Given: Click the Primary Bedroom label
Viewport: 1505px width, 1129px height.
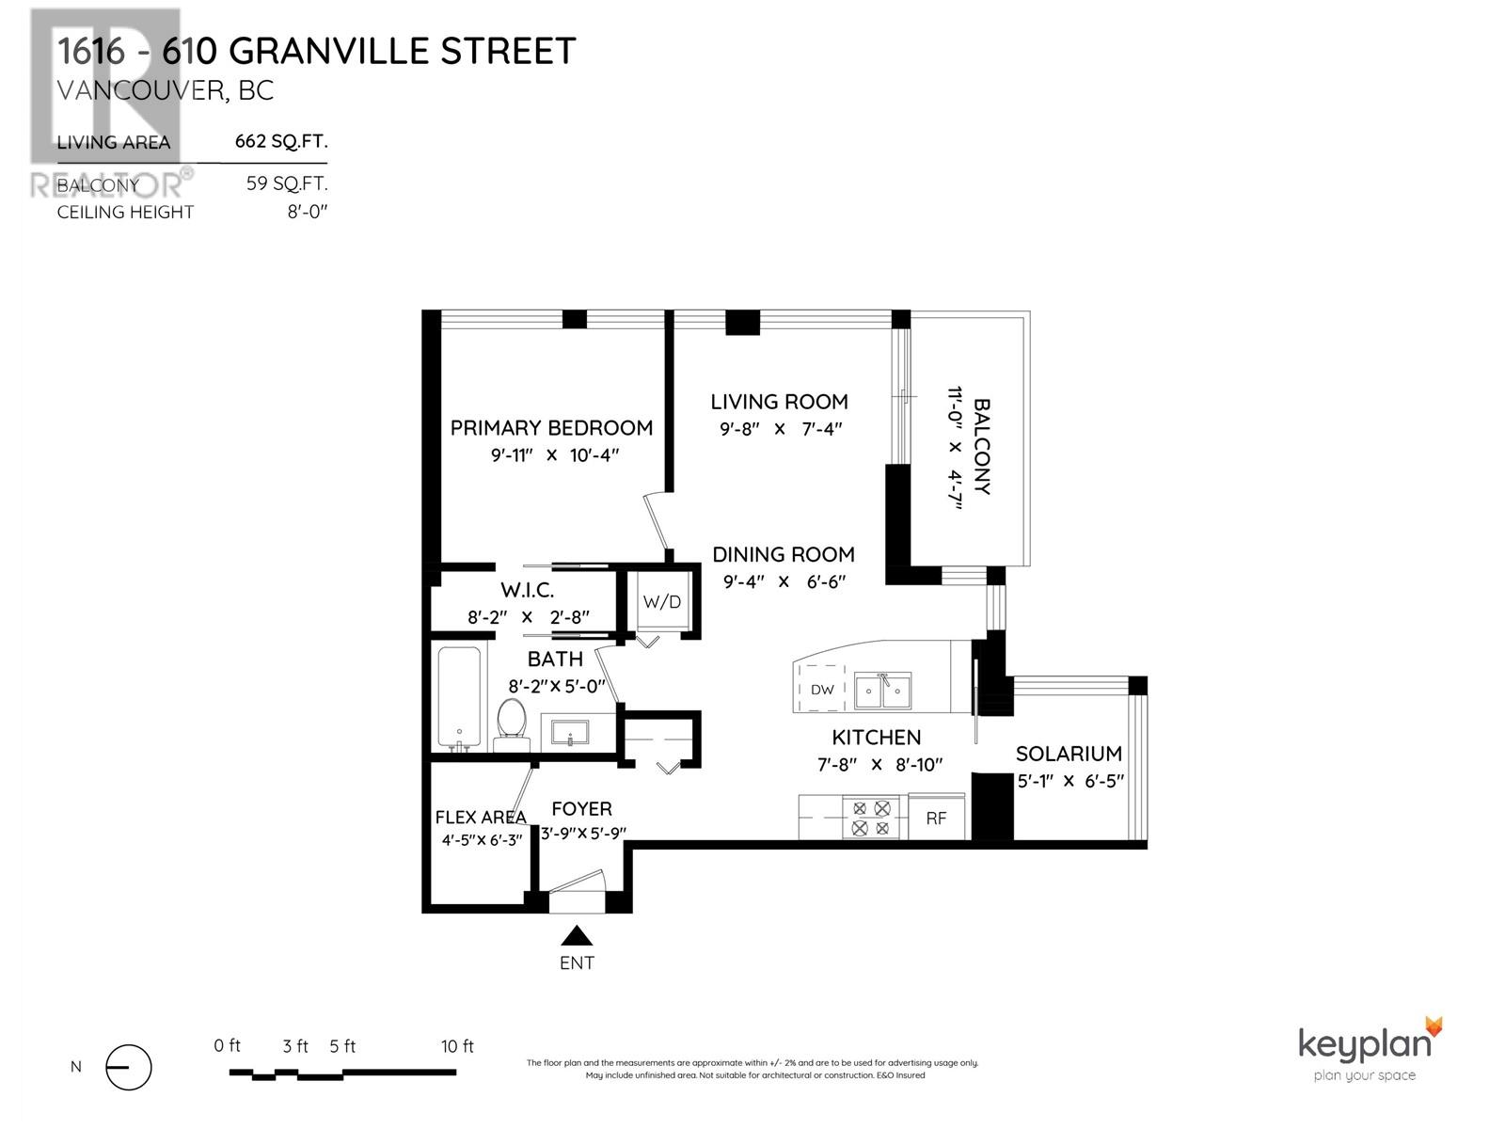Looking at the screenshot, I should pos(551,428).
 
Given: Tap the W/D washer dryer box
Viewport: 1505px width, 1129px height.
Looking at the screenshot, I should pos(661,602).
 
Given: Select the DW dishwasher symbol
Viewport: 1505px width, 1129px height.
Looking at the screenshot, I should pos(822,690).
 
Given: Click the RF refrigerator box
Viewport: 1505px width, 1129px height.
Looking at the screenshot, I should pos(936,819).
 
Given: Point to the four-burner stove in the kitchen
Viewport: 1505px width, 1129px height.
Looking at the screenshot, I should pos(870,818).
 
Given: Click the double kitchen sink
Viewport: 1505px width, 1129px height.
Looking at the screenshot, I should pos(882,692).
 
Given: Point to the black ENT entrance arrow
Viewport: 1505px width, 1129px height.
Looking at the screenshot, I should pos(577,935).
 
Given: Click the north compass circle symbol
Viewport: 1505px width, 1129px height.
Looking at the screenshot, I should pos(129,1068).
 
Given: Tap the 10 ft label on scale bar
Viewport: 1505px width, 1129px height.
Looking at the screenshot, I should pos(457,1046).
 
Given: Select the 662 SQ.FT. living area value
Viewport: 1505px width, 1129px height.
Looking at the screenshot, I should pos(280,143).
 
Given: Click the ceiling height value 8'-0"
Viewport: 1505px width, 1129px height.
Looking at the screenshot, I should pos(307,213).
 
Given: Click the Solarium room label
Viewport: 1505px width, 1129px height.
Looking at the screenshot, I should pos(1069,754).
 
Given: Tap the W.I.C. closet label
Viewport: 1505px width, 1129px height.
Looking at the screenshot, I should pos(527,591).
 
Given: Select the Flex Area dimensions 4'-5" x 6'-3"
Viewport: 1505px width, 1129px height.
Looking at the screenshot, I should pos(482,841).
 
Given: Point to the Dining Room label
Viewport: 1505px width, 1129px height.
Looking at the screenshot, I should pos(783,555).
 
